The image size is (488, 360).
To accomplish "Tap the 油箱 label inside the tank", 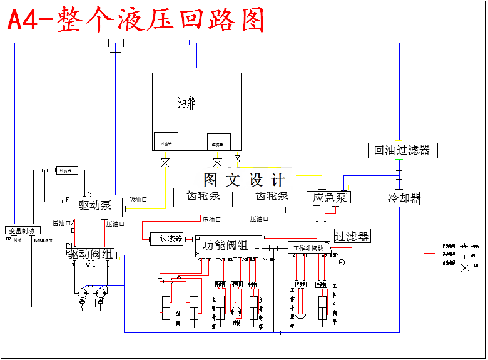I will pyautogui.click(x=186, y=103).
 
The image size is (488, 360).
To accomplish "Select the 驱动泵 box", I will pyautogui.click(x=94, y=205).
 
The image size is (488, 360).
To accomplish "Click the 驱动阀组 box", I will pyautogui.click(x=91, y=254).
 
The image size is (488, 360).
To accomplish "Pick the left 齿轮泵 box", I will pyautogui.click(x=204, y=196).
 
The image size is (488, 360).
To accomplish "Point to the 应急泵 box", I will pyautogui.click(x=329, y=197).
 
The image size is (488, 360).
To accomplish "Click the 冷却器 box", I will pyautogui.click(x=404, y=198).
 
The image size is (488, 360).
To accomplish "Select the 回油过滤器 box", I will pyautogui.click(x=402, y=150).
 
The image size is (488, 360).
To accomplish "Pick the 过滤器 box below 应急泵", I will pyautogui.click(x=352, y=236).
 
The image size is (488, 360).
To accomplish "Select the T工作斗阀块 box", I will pyautogui.click(x=308, y=247).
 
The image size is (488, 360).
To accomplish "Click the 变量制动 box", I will pyautogui.click(x=23, y=230).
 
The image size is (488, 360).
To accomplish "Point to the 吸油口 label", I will pyautogui.click(x=138, y=200).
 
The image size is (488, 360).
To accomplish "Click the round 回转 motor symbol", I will pyautogui.click(x=236, y=311).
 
